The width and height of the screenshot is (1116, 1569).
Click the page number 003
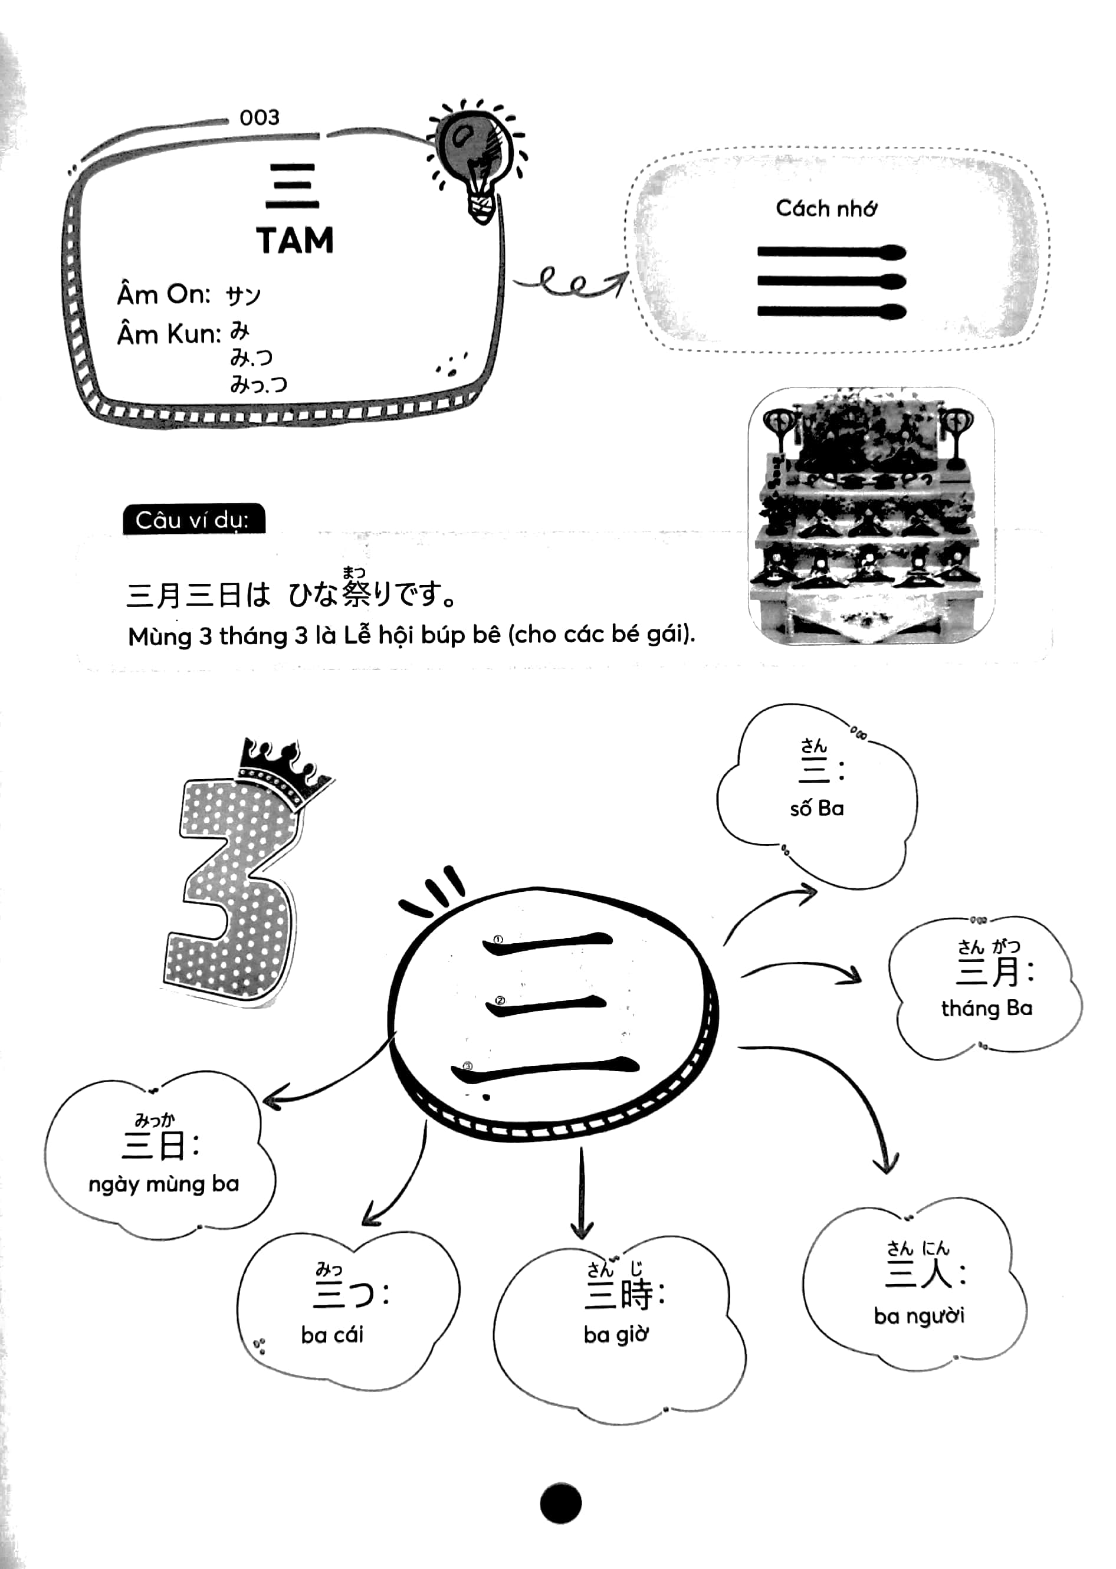259,117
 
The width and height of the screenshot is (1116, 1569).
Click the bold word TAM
295,241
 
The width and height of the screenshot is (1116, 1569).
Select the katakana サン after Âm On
243,296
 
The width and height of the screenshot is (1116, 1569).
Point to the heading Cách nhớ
826,208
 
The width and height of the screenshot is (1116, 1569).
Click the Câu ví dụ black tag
193,520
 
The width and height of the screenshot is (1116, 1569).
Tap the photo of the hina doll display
871,516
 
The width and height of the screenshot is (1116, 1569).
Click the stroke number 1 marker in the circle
498,940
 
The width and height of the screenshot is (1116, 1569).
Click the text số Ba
816,808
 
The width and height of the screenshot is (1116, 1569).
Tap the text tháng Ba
986,1008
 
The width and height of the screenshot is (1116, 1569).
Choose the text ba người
919,1316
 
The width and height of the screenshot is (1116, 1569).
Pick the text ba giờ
616,1335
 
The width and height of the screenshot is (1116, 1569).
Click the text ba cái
332,1335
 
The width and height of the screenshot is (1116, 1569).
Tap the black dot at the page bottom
560,1502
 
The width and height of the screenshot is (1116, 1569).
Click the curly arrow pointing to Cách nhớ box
570,283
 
